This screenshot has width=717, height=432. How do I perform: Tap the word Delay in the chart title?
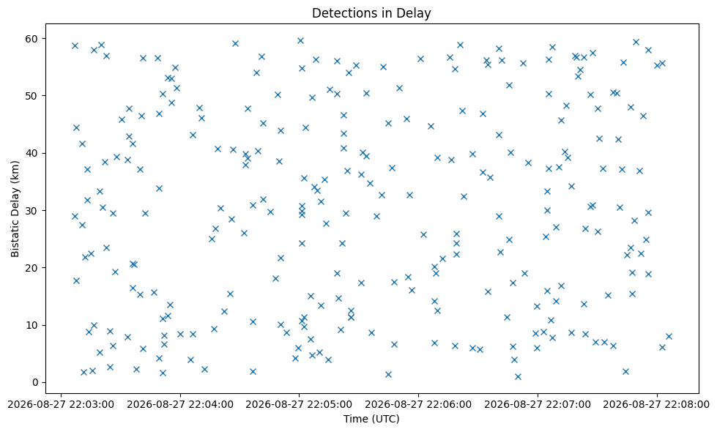pos(416,14)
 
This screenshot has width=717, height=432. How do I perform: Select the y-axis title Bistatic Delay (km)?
pos(15,209)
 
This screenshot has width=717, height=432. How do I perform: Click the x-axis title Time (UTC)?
pos(371,419)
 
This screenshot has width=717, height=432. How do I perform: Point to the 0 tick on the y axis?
pos(36,383)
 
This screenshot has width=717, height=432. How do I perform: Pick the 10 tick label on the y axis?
pos(34,326)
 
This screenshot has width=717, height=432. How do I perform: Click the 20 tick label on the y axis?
pos(34,268)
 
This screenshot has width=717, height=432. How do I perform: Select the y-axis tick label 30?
pos(34,211)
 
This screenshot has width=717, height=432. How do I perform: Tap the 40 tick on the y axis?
pos(34,153)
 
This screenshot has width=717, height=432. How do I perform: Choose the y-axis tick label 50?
pos(34,96)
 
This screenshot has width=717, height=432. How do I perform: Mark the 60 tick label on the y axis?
pos(34,38)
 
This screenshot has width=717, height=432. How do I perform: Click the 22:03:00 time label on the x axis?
pos(61,405)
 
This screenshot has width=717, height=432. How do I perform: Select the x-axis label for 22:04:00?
pos(180,405)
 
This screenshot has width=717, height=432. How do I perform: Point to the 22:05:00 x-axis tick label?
pos(299,405)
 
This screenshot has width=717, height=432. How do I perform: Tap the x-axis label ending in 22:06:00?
pos(418,405)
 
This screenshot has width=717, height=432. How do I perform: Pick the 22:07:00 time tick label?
pos(538,405)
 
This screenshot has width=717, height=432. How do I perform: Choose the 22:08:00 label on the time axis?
pos(657,405)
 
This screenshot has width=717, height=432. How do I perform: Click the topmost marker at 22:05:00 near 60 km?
pos(300,41)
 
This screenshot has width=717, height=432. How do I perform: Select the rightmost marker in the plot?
pos(669,337)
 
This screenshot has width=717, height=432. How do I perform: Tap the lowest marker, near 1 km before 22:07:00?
pos(518,376)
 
